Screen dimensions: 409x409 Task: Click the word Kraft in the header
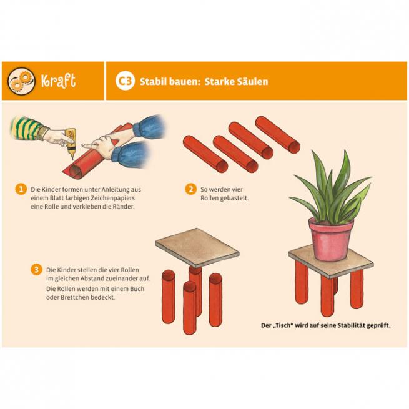click(58, 81)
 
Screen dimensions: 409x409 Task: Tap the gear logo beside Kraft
click(21, 81)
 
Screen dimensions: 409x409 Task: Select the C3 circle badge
click(126, 81)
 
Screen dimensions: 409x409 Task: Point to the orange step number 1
click(21, 189)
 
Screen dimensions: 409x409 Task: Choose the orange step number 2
click(190, 189)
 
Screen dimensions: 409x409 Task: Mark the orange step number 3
click(36, 269)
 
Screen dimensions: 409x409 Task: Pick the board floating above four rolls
click(197, 247)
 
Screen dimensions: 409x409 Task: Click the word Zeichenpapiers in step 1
click(112, 198)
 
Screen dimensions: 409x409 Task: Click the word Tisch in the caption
click(283, 325)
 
